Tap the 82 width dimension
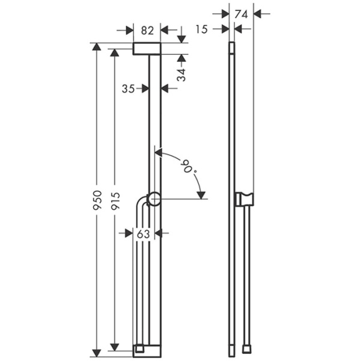coord(147,29)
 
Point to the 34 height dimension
coord(182,73)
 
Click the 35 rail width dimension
coord(128,88)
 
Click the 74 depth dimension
coord(241,13)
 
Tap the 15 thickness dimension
coord(201,29)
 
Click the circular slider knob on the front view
coord(154,199)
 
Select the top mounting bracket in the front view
coord(147,49)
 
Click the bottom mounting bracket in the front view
coord(147,349)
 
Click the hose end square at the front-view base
coord(139,348)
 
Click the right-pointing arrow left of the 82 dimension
coord(129,29)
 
